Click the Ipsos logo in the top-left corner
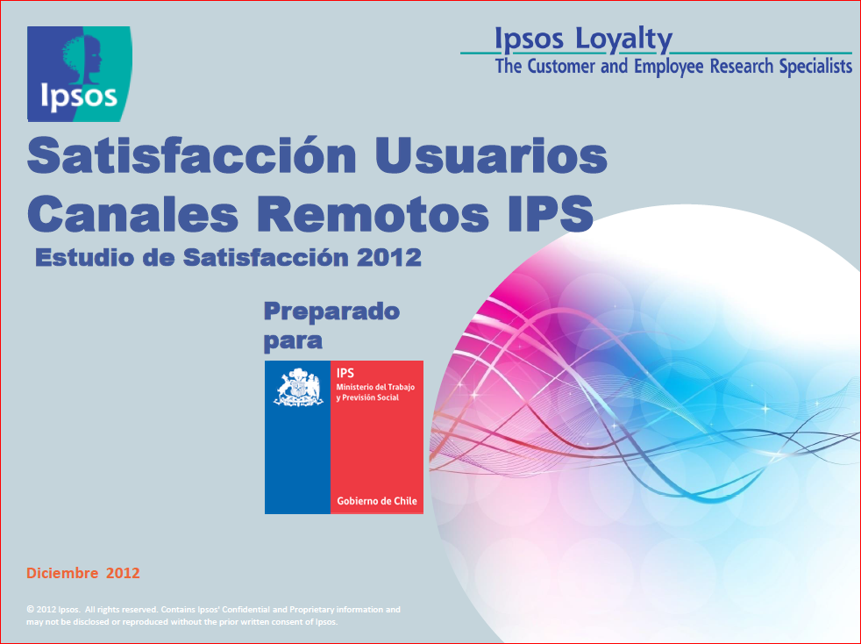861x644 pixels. pyautogui.click(x=80, y=74)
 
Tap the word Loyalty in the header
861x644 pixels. pyautogui.click(x=623, y=40)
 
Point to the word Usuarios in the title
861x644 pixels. pyautogui.click(x=492, y=155)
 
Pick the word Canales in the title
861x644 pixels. pyautogui.click(x=133, y=213)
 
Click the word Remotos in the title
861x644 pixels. pyautogui.click(x=373, y=213)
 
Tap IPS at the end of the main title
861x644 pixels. pyautogui.click(x=551, y=213)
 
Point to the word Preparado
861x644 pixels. pyautogui.click(x=331, y=312)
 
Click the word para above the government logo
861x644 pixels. pyautogui.click(x=293, y=341)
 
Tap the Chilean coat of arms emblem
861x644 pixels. pyautogui.click(x=298, y=388)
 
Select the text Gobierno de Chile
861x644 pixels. pyautogui.click(x=377, y=501)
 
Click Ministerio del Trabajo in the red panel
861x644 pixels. pyautogui.click(x=375, y=387)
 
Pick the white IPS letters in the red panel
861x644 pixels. pyautogui.click(x=345, y=373)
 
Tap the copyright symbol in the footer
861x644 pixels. pyautogui.click(x=30, y=610)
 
